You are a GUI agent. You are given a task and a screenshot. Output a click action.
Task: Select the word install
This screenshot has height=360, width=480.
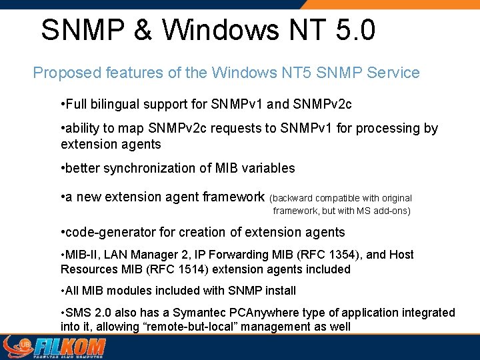pyautogui.click(x=278, y=291)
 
